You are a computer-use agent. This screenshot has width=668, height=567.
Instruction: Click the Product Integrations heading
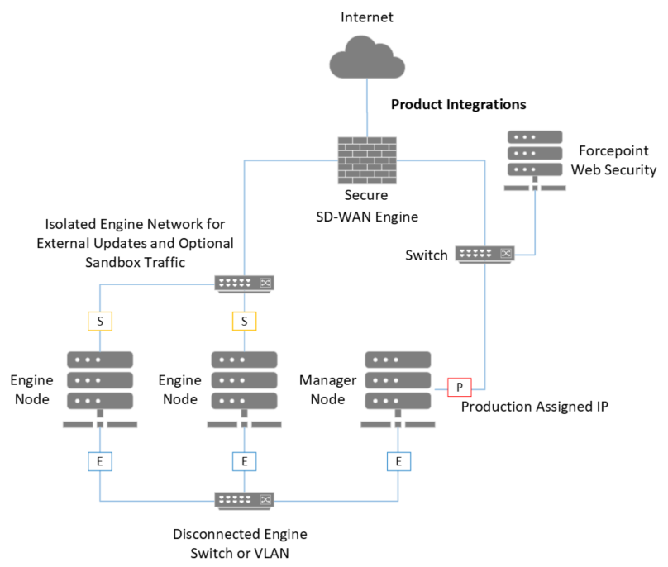coord(458,105)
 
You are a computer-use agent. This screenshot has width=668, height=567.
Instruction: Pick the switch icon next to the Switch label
coord(485,254)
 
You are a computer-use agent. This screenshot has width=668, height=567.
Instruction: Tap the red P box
coord(459,386)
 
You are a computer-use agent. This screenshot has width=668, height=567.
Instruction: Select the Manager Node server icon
coord(399,388)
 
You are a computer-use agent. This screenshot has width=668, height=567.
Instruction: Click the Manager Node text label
coord(327,389)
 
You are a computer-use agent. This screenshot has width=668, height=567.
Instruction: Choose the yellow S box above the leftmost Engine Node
coord(99,320)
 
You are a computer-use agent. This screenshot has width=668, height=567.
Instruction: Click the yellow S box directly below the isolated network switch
coord(244,320)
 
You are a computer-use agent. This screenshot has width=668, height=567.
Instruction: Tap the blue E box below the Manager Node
coord(399,461)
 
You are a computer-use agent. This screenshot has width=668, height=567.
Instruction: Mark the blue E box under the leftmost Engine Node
coord(99,461)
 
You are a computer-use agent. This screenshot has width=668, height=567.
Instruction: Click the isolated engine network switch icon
coord(244,283)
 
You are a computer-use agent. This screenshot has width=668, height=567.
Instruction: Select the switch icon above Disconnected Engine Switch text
coord(244,499)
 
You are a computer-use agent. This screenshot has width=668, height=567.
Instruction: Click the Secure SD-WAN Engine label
coord(366,205)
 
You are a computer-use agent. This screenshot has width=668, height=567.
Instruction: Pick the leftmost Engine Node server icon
coord(99,388)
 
